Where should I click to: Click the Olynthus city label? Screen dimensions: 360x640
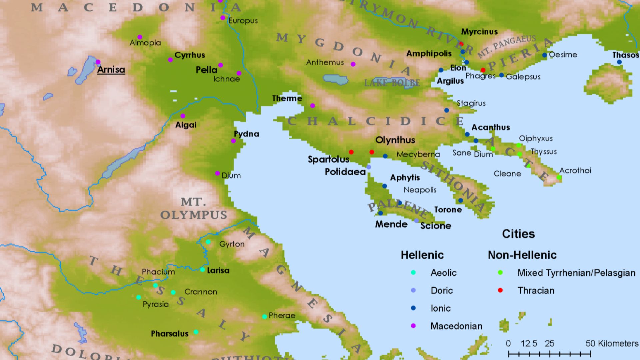pyautogui.click(x=395, y=140)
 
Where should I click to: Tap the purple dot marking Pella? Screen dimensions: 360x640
pyautogui.click(x=220, y=65)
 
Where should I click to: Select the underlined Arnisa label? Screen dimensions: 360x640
pyautogui.click(x=111, y=70)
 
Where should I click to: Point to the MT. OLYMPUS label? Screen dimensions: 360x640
pyautogui.click(x=193, y=209)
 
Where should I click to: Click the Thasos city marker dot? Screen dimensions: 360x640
pyautogui.click(x=619, y=62)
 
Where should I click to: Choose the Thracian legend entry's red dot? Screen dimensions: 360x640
pyautogui.click(x=500, y=290)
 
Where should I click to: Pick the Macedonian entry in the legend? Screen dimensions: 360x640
pyautogui.click(x=456, y=326)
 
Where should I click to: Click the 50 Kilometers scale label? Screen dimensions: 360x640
pyautogui.click(x=612, y=343)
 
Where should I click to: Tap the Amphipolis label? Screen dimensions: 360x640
pyautogui.click(x=429, y=53)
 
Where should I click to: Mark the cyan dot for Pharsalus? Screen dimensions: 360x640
pyautogui.click(x=196, y=332)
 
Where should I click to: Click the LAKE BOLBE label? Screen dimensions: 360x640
pyautogui.click(x=392, y=83)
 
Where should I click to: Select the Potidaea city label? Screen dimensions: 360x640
pyautogui.click(x=345, y=172)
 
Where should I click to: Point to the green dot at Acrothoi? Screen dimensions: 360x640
pyautogui.click(x=559, y=177)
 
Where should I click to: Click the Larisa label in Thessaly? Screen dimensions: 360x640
pyautogui.click(x=218, y=270)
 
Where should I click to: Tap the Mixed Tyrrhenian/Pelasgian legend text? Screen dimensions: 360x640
pyautogui.click(x=576, y=273)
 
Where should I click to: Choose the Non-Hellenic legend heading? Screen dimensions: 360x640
pyautogui.click(x=522, y=255)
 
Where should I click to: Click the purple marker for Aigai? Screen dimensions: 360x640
pyautogui.click(x=183, y=116)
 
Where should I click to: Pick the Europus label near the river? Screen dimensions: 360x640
pyautogui.click(x=243, y=21)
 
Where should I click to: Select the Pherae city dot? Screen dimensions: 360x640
pyautogui.click(x=264, y=316)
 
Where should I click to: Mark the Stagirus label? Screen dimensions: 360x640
pyautogui.click(x=471, y=103)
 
